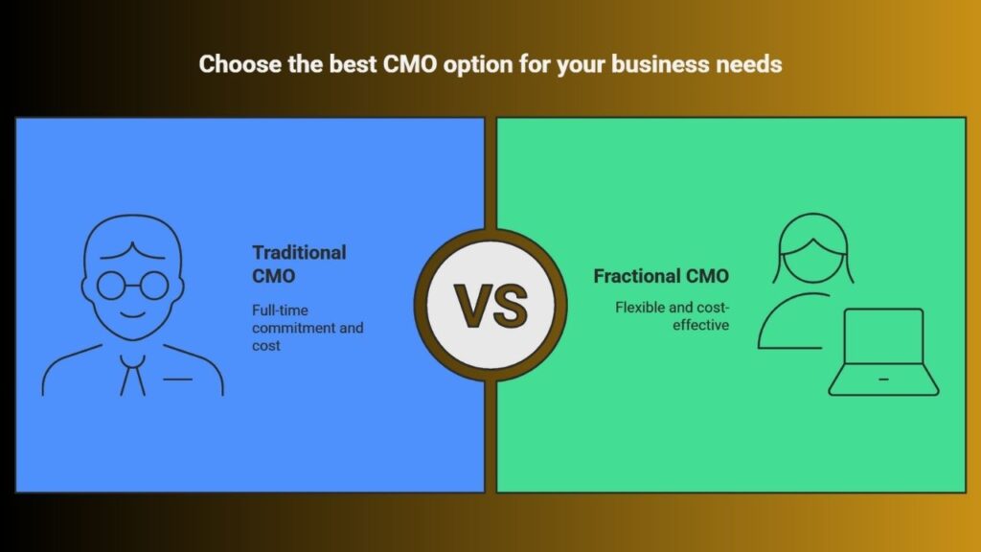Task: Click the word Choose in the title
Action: pyautogui.click(x=240, y=64)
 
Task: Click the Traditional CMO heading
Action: pyautogui.click(x=299, y=264)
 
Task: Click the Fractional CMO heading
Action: pyautogui.click(x=661, y=276)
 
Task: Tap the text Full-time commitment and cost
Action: pyautogui.click(x=308, y=328)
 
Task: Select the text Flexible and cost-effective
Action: pyautogui.click(x=672, y=316)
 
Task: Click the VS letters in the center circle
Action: pyautogui.click(x=490, y=306)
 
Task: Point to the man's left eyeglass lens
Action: pyautogui.click(x=112, y=286)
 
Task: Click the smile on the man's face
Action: pyautogui.click(x=132, y=313)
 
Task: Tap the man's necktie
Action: pyautogui.click(x=132, y=375)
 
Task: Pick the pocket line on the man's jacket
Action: pyautogui.click(x=177, y=379)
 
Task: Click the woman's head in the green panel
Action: pyautogui.click(x=812, y=249)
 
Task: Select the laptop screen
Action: pyautogui.click(x=883, y=336)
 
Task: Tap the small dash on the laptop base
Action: pyautogui.click(x=883, y=379)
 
